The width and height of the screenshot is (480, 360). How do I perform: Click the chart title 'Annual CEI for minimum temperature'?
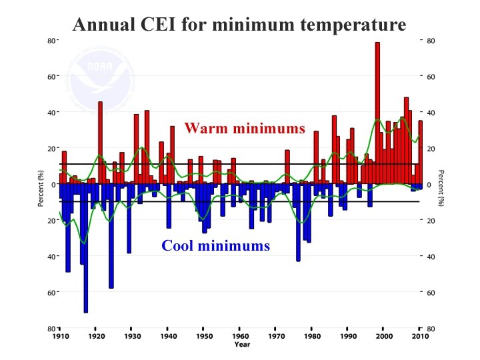tap(239, 25)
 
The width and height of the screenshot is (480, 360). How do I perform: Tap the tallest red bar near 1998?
tap(377, 113)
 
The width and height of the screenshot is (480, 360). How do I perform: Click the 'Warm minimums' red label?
tap(245, 128)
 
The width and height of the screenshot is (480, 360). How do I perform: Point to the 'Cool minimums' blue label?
tap(215, 246)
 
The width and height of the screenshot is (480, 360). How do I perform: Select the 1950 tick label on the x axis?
tap(204, 337)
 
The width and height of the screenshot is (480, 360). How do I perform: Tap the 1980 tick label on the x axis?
tap(312, 337)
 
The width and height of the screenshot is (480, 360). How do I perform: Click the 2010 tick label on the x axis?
tap(420, 337)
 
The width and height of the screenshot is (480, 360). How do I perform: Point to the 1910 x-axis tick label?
tap(60, 337)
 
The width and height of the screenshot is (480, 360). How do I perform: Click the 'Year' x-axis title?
tap(241, 345)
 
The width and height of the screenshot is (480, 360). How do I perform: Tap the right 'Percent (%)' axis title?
tap(440, 187)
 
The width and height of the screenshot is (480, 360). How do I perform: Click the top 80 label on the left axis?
tap(51, 41)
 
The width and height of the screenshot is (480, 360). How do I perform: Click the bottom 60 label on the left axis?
tap(51, 293)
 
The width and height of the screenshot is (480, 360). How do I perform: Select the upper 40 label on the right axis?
tap(431, 113)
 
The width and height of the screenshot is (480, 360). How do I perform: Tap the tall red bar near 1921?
tap(100, 143)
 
